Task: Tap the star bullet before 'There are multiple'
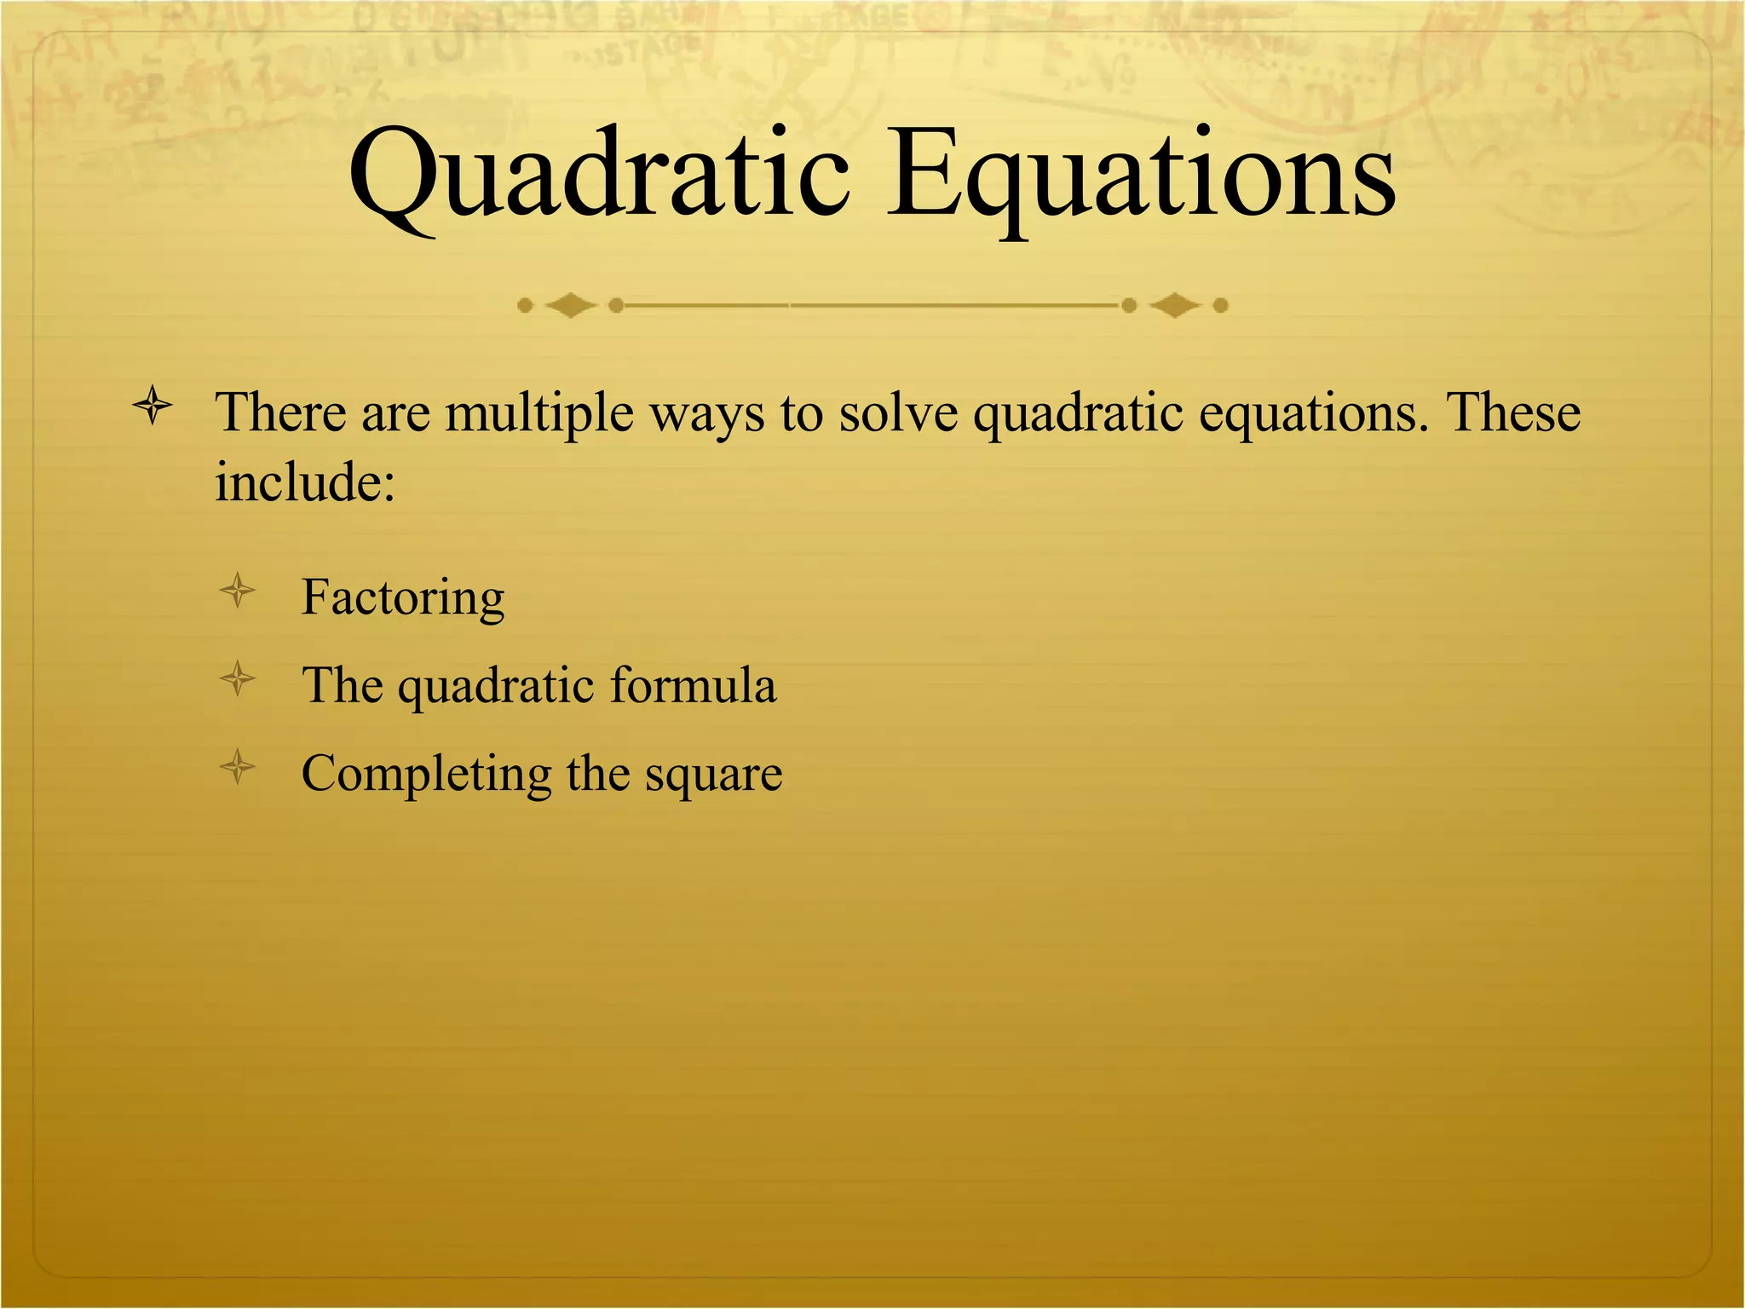[x=153, y=406]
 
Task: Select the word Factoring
[x=403, y=597]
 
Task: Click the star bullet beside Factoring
[x=238, y=591]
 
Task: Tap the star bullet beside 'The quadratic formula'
[x=238, y=679]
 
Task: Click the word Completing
[x=426, y=775]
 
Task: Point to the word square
[x=713, y=775]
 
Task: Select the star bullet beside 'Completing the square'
[x=238, y=767]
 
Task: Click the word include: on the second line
[x=305, y=483]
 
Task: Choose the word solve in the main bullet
[x=899, y=413]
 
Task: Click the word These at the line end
[x=1514, y=413]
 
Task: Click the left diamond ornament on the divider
[x=570, y=305]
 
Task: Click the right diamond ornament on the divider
[x=1175, y=305]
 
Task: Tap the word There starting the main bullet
[x=281, y=413]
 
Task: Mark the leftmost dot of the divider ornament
[x=525, y=305]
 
